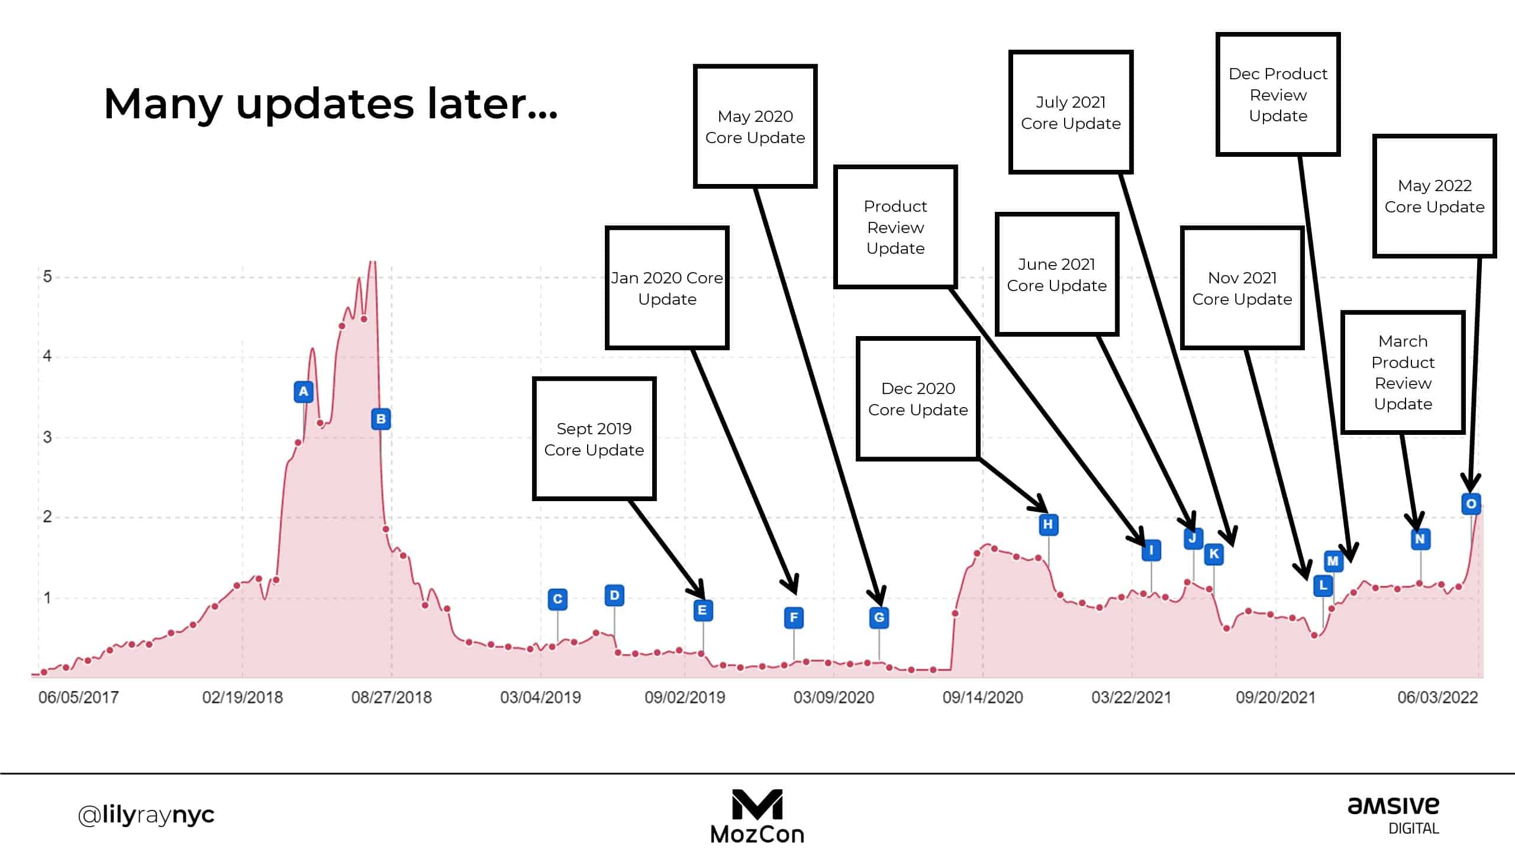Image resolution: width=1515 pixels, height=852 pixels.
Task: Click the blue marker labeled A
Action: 304,392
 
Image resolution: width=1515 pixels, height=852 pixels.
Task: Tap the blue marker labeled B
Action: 381,419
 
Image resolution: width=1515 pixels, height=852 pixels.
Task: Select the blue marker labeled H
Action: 1048,524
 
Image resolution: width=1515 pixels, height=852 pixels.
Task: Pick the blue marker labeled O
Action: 1471,504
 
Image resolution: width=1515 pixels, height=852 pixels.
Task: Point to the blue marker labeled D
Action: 614,595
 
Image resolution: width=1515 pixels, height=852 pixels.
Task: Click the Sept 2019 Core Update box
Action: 594,439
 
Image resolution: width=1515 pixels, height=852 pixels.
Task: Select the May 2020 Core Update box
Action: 755,127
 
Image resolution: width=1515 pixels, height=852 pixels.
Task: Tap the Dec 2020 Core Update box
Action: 918,399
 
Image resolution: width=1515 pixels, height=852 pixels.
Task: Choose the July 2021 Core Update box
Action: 1071,112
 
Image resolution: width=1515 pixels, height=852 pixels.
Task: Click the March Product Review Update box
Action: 1403,372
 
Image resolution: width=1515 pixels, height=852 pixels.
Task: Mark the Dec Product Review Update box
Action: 1278,95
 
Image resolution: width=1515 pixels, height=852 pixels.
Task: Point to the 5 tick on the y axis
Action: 47,277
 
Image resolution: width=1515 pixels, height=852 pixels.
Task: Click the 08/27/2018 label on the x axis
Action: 391,698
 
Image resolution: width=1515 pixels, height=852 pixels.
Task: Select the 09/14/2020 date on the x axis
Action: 982,698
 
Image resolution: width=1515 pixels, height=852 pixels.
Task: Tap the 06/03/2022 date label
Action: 1437,698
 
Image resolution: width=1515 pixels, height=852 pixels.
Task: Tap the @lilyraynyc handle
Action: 146,815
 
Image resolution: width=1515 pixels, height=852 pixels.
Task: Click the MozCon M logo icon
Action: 757,805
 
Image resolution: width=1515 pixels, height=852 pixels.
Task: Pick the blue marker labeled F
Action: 794,618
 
